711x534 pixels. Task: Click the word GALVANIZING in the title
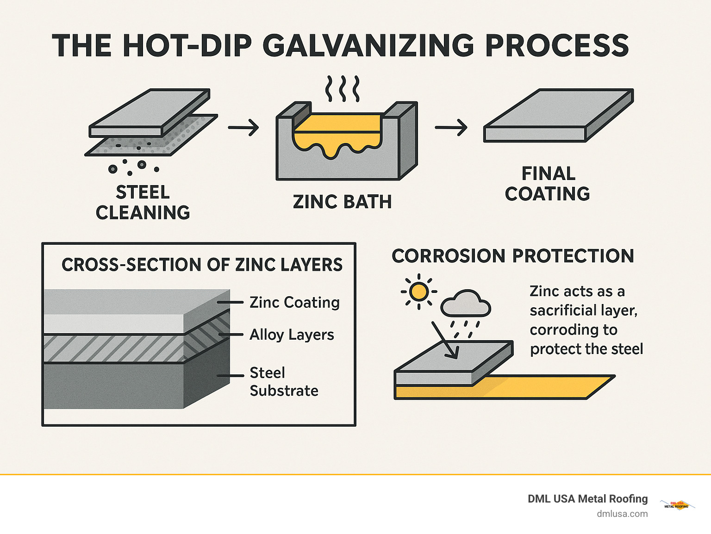[368, 45]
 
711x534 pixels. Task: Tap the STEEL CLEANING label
[143, 202]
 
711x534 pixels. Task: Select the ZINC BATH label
[342, 202]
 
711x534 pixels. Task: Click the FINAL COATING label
[548, 184]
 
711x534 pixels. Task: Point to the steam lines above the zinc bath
[342, 89]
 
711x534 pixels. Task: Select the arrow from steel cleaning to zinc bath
[243, 127]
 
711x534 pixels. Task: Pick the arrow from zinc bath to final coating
[451, 127]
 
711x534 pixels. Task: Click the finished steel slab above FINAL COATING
[558, 116]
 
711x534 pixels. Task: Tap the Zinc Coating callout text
[294, 302]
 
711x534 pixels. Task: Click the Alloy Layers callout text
[292, 335]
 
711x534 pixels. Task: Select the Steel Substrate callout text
[283, 382]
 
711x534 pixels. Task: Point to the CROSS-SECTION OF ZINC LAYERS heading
[202, 265]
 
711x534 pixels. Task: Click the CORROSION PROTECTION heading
[513, 256]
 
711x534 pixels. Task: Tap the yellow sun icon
[418, 292]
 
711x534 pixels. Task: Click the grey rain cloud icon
[465, 304]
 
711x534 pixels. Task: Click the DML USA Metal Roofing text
[587, 498]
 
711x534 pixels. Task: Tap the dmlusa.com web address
[622, 514]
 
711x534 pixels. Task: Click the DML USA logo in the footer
[677, 505]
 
